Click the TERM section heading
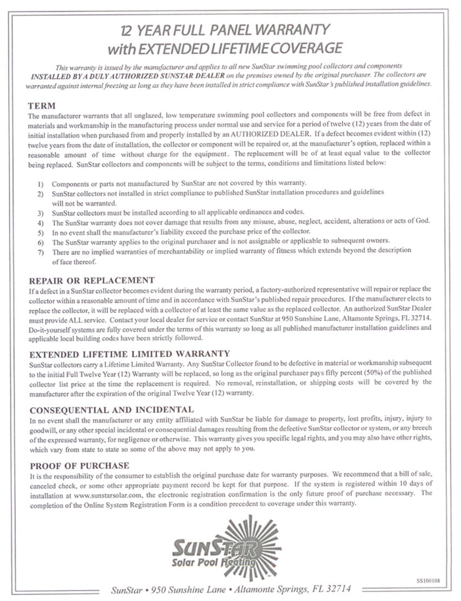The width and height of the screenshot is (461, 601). click(42, 105)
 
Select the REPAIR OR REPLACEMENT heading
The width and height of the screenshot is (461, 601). click(92, 280)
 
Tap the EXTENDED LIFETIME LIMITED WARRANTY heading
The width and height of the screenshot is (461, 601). click(130, 353)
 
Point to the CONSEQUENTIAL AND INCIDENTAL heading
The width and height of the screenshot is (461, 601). click(111, 409)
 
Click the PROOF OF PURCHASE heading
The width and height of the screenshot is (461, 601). click(79, 465)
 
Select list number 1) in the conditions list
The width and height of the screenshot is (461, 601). click(41, 184)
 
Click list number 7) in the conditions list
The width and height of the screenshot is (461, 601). click(41, 251)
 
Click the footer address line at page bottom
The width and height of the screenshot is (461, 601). click(230, 589)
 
